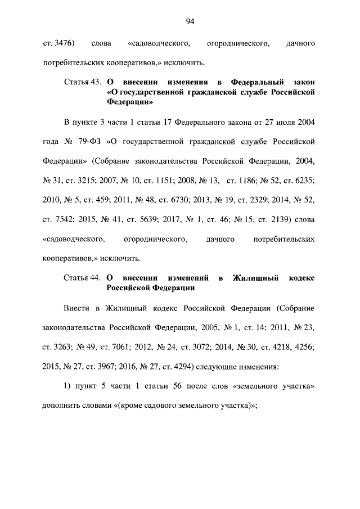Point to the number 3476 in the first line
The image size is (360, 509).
tap(62, 42)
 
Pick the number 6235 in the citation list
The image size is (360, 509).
tap(303, 181)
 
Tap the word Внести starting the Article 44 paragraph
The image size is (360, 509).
tap(76, 308)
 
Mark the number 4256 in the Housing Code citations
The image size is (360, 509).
tap(303, 348)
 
